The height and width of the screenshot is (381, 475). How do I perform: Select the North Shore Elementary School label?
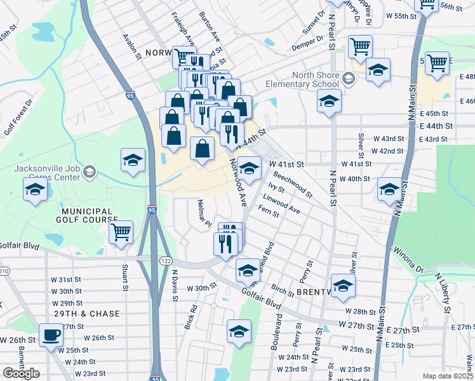(x=315, y=79)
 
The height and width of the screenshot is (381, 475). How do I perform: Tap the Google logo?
(x=21, y=373)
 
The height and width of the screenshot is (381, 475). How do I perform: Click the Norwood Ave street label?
(x=237, y=182)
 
